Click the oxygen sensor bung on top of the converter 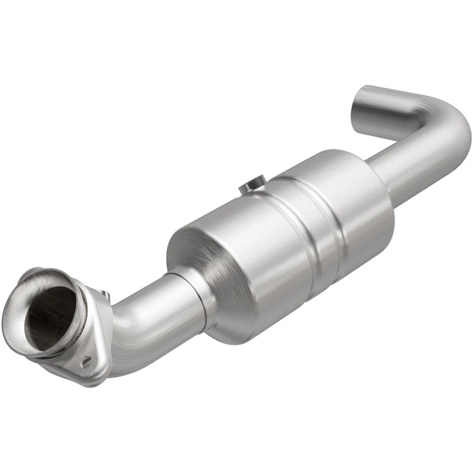click(254, 184)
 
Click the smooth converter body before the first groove click(250, 250)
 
